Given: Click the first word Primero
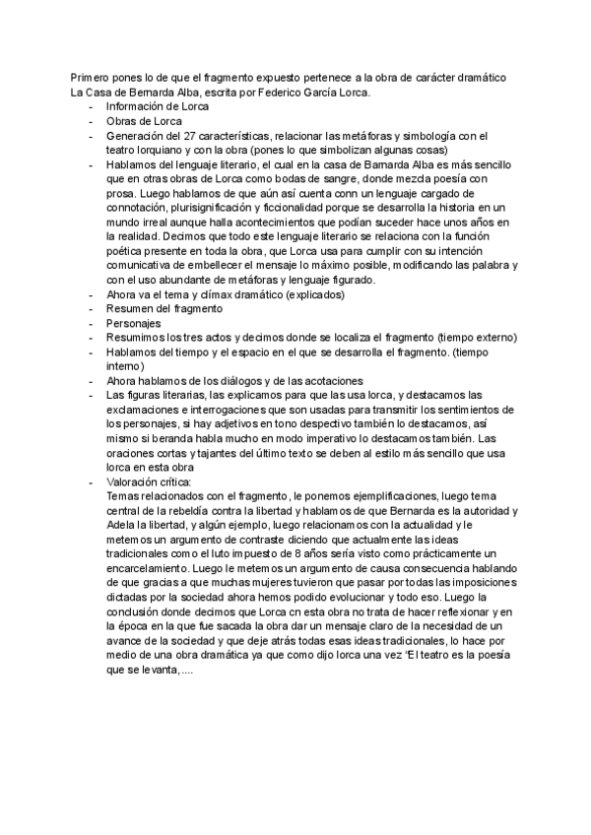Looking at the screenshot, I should tap(89, 78).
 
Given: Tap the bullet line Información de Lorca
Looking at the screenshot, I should tap(151, 106).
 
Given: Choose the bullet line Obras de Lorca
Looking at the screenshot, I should tap(138, 121).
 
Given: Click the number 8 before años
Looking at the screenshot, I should tap(262, 554).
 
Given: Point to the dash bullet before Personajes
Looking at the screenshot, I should tap(92, 323).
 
